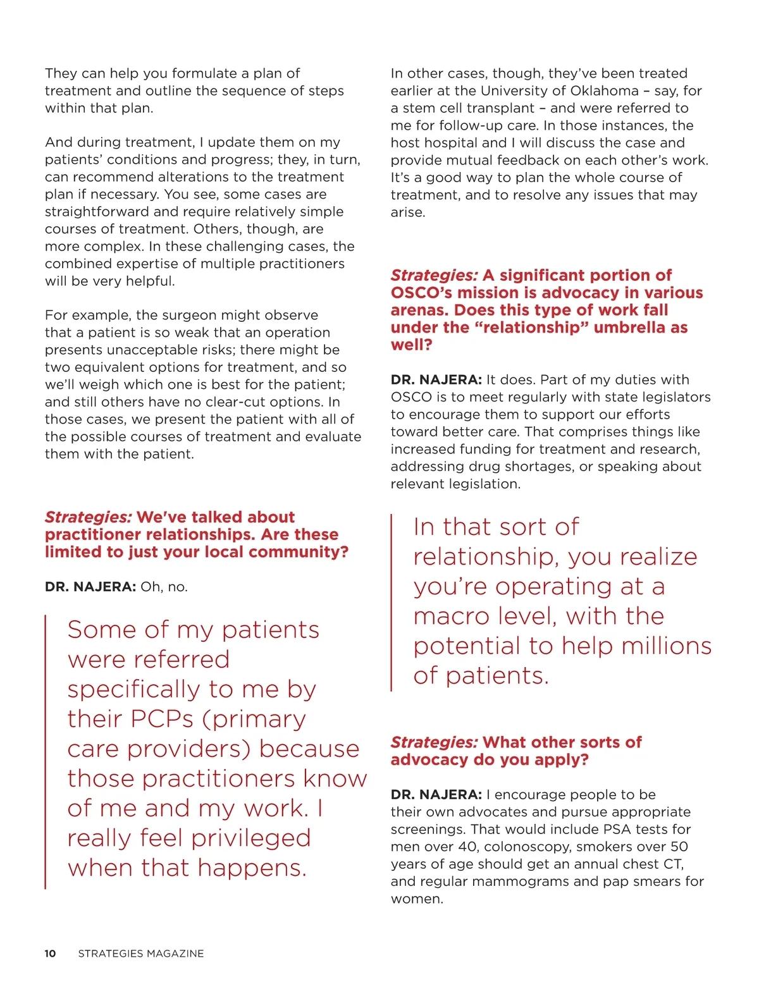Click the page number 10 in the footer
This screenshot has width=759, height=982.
click(x=50, y=954)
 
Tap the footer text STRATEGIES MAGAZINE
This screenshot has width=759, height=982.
click(x=141, y=954)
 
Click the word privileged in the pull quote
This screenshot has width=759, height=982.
click(x=251, y=838)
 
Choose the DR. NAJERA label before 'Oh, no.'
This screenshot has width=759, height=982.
click(x=90, y=587)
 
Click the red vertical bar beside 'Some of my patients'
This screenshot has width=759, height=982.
click(x=46, y=752)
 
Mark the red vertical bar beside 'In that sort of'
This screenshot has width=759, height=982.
click(x=392, y=603)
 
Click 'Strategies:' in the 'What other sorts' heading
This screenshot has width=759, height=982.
click(x=434, y=742)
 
